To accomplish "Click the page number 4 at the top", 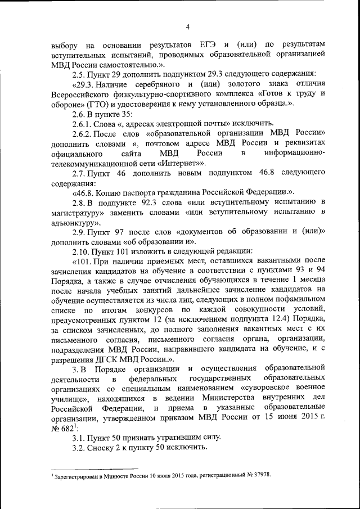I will point(188,25).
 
